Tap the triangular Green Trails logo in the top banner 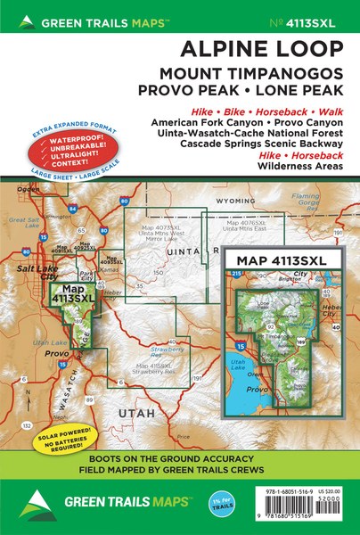17,21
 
